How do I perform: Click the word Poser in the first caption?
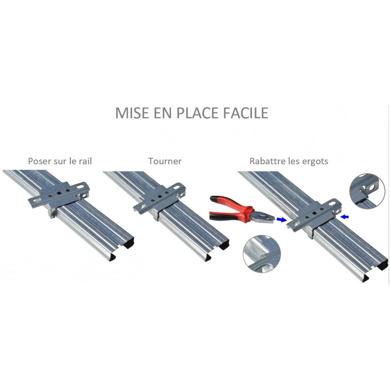pyautogui.click(x=39, y=161)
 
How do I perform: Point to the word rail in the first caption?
pyautogui.click(x=85, y=161)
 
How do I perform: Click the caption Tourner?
pyautogui.click(x=165, y=161)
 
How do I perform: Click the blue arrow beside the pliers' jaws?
pyautogui.click(x=282, y=219)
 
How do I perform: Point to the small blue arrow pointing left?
pyautogui.click(x=345, y=217)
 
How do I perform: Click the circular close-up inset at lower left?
pyautogui.click(x=262, y=253)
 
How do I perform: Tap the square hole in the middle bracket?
pyautogui.click(x=159, y=196)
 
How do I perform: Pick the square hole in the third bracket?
pyautogui.click(x=315, y=213)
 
